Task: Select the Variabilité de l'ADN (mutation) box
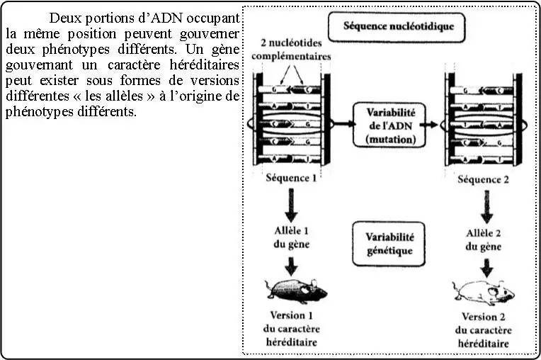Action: [389, 124]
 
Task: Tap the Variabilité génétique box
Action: [389, 242]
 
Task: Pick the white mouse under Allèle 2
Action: [484, 291]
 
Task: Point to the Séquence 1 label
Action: [291, 178]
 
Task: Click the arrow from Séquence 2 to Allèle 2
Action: [485, 207]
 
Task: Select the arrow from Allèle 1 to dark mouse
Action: [291, 264]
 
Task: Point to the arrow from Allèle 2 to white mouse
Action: [485, 266]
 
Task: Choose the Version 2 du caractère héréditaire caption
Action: [484, 330]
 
